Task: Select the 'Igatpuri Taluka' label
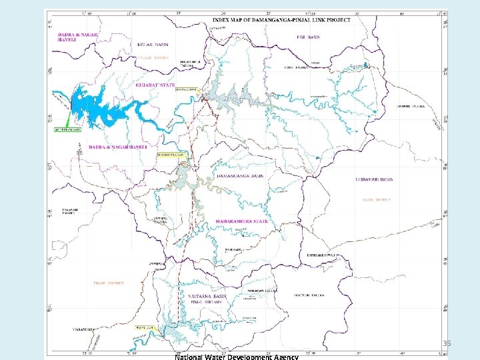pos(311,294)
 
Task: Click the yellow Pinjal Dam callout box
pos(147,328)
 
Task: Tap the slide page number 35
pos(447,343)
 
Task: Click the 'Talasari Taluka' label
pos(69,210)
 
